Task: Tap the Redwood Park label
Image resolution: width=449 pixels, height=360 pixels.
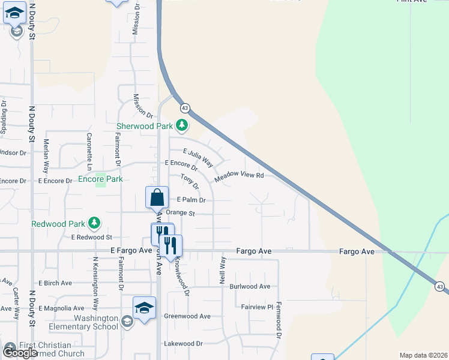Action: click(x=59, y=224)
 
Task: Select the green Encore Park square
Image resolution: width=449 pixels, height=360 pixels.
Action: click(x=100, y=179)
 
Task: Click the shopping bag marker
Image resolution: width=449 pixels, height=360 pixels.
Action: click(x=157, y=197)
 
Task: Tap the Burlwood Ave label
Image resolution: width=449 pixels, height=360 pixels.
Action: click(x=250, y=287)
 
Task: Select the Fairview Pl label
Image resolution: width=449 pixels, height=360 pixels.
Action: click(x=257, y=307)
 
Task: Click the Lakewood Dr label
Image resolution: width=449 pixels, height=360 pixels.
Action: click(x=183, y=344)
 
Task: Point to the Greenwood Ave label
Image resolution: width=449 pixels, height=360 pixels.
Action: click(x=187, y=316)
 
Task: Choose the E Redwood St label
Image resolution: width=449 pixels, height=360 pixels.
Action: click(x=92, y=238)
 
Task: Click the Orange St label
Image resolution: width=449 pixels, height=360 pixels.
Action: click(x=181, y=213)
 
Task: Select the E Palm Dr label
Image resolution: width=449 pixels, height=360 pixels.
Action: click(x=191, y=200)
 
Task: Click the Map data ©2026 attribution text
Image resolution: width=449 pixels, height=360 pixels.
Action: click(x=423, y=355)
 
